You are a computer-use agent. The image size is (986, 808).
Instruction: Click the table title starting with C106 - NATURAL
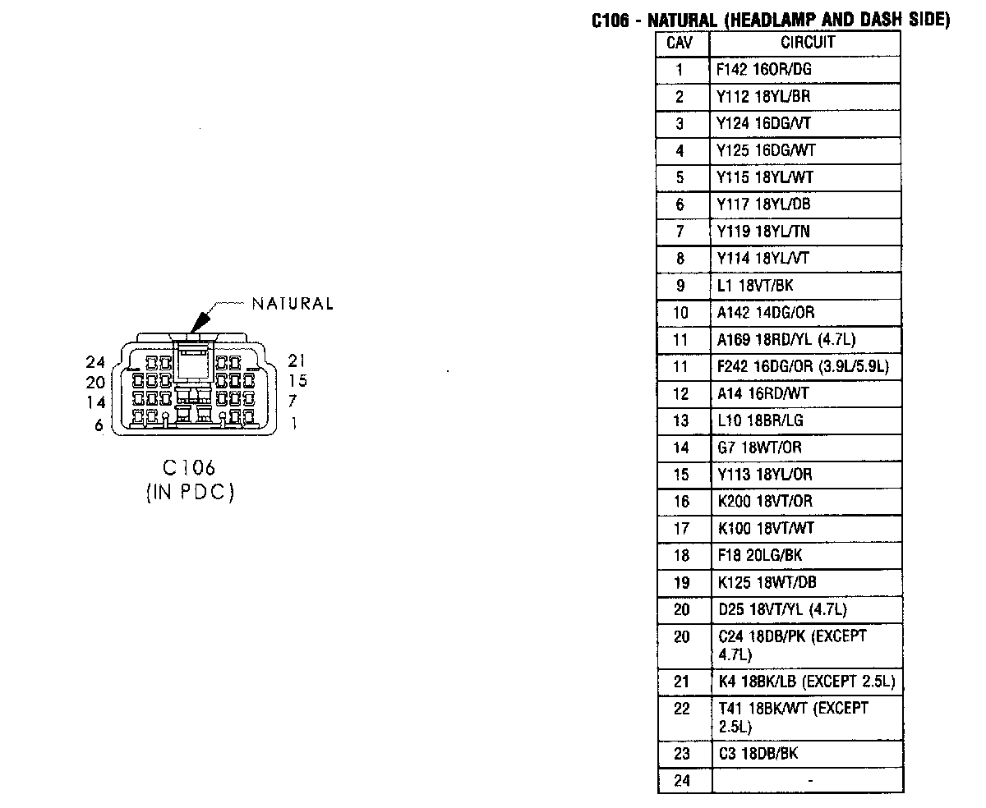[x=770, y=21]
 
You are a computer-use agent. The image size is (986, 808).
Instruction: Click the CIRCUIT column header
[x=807, y=43]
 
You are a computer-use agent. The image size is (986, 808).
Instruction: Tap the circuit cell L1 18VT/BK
[x=755, y=286]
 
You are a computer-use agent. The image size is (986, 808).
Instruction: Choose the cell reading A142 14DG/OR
[x=765, y=313]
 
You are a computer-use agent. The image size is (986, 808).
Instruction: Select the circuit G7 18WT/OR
[x=758, y=448]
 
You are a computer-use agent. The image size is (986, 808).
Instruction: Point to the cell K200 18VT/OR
[x=765, y=502]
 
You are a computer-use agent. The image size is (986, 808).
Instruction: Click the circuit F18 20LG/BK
[x=759, y=556]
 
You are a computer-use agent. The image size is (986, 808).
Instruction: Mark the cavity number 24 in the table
[x=682, y=781]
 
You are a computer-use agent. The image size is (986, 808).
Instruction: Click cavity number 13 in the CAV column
[x=681, y=420]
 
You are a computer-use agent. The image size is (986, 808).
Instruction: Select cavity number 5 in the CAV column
[x=680, y=177]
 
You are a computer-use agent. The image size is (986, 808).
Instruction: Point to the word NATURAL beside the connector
[x=293, y=304]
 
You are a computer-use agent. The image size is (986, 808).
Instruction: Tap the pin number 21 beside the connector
[x=297, y=360]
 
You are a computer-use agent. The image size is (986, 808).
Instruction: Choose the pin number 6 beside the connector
[x=99, y=425]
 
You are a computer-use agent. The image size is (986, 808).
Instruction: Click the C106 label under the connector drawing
[x=189, y=468]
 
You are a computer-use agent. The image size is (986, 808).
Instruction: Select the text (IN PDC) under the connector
[x=190, y=494]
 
